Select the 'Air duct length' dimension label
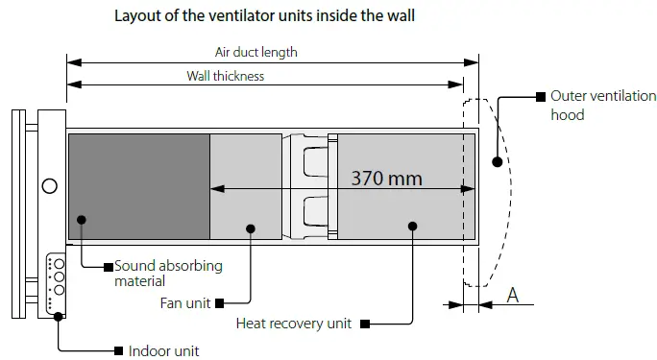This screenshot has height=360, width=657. point(258,52)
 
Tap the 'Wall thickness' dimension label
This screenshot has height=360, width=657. point(226,76)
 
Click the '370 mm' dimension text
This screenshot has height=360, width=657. point(386,178)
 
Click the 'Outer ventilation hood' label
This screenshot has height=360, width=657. point(603,105)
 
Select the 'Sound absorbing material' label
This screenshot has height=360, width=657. point(168,273)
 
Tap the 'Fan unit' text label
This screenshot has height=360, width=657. point(184,302)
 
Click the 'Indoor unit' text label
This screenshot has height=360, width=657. point(163,350)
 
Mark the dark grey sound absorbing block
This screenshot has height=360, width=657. point(138,186)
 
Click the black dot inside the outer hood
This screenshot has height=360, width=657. point(496,161)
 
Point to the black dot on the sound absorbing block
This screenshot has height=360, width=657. point(83,220)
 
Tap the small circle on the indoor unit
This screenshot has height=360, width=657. point(48,185)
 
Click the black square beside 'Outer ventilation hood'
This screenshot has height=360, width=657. point(540,96)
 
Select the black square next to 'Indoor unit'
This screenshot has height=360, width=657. point(118,349)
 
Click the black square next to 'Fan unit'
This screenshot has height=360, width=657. point(221,302)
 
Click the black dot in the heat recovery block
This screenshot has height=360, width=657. point(413,227)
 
